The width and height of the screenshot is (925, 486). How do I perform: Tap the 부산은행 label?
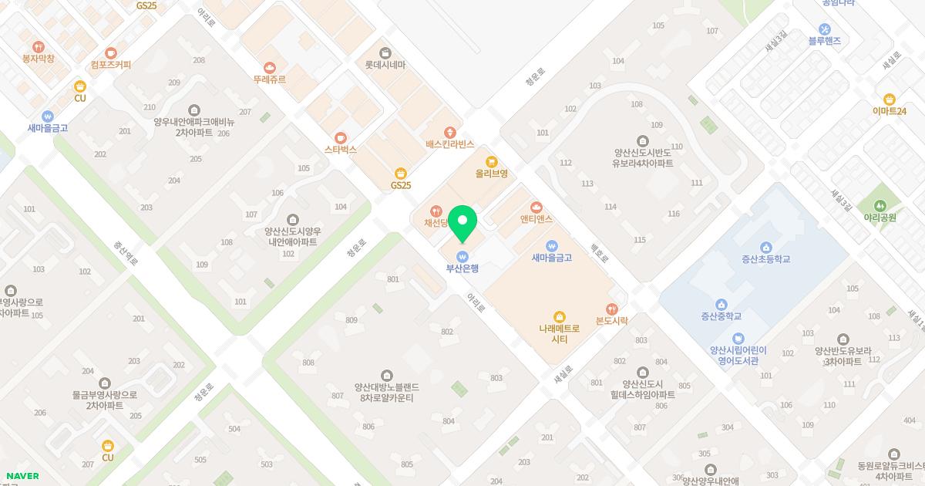point(462,268)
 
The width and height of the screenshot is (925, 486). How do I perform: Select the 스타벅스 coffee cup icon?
point(341,138)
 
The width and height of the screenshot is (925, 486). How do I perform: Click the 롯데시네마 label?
point(385,66)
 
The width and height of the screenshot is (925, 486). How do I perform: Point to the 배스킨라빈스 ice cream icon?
point(450,133)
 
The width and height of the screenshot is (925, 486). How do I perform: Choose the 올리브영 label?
point(491,174)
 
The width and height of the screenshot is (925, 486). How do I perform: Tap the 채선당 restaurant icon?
point(436,211)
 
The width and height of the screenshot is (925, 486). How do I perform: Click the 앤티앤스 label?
point(536,219)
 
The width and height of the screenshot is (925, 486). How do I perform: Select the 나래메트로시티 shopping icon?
point(560,316)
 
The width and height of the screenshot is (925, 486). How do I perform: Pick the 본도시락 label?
point(612,320)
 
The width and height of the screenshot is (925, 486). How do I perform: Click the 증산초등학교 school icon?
point(765,247)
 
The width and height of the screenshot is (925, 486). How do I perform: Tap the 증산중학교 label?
point(721,316)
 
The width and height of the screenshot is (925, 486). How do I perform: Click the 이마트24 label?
point(890,111)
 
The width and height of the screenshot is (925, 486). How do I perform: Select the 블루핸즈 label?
point(824,40)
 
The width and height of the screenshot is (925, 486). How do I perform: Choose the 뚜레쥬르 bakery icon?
point(270,67)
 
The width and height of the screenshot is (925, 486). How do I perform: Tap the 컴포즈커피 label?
point(111,65)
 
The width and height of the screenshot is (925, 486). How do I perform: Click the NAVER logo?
point(22,476)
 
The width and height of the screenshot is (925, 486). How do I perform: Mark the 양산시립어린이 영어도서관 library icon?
point(738,339)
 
